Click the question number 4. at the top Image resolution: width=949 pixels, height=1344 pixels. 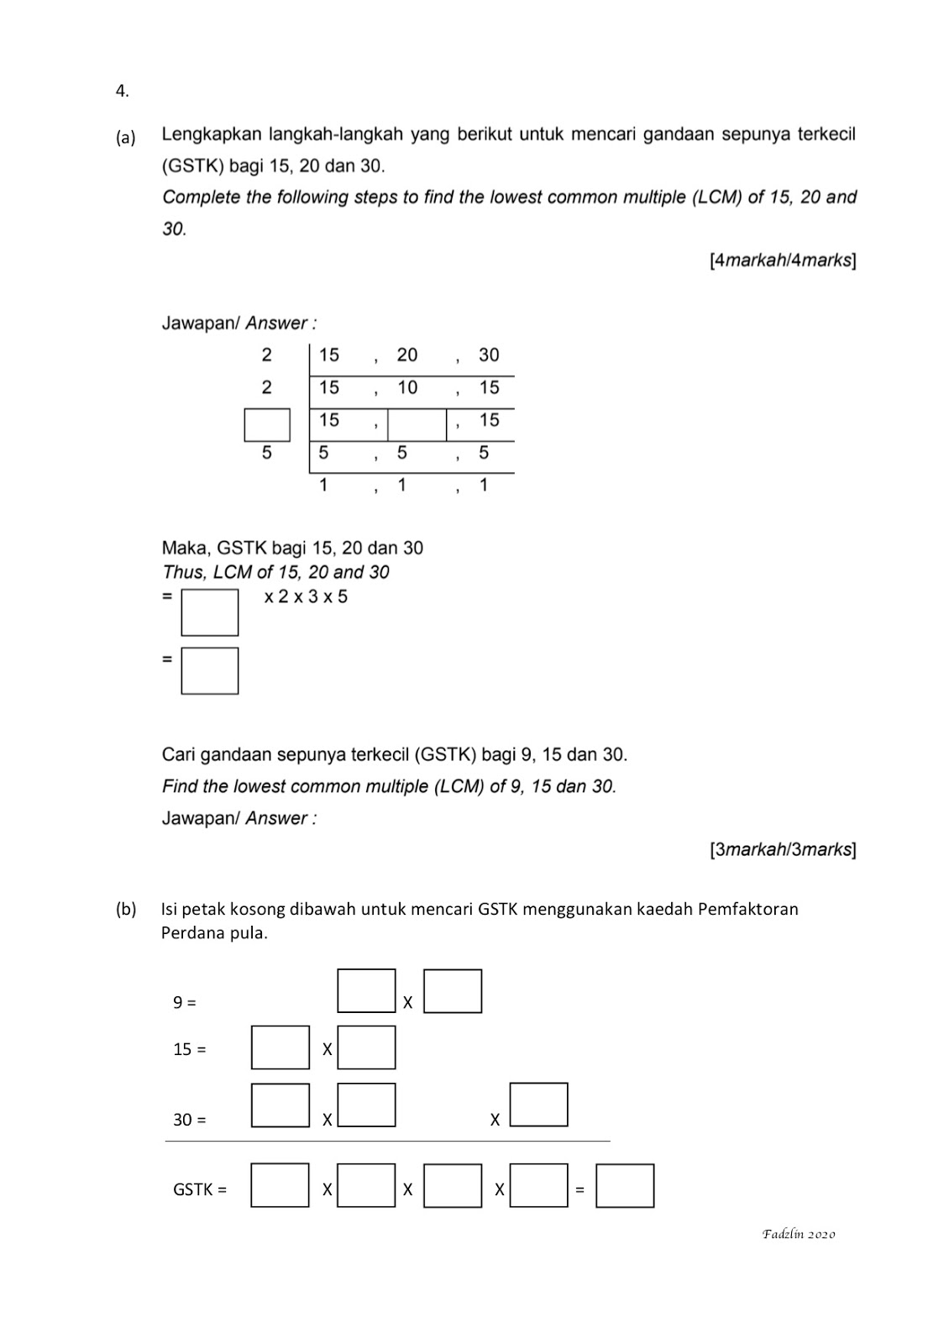(x=123, y=92)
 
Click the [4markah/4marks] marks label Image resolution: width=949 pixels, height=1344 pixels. (x=783, y=260)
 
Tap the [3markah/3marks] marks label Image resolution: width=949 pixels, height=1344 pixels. (x=783, y=849)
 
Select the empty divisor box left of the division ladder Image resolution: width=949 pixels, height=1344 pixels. (x=267, y=425)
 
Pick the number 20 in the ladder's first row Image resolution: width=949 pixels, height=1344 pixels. (x=407, y=355)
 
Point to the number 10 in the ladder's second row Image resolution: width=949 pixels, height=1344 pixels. (x=407, y=388)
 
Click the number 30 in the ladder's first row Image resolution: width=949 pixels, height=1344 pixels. (x=489, y=355)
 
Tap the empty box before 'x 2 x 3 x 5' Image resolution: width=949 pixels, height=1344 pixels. (x=210, y=612)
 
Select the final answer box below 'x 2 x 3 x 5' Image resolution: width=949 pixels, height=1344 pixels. (x=210, y=670)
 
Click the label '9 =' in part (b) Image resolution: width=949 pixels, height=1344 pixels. (x=185, y=1002)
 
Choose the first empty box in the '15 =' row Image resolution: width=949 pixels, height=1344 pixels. (x=281, y=1047)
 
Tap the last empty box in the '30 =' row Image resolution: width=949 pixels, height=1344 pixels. (x=539, y=1105)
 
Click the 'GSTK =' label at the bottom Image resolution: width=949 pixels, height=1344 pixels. (x=200, y=1189)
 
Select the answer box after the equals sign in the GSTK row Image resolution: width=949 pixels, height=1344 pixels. (x=625, y=1185)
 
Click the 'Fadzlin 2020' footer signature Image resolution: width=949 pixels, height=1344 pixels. (x=799, y=1234)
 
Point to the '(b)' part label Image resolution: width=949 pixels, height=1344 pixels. (x=127, y=909)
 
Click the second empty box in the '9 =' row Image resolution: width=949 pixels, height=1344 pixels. (x=453, y=991)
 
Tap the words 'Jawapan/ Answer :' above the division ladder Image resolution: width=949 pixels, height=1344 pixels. (x=239, y=323)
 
